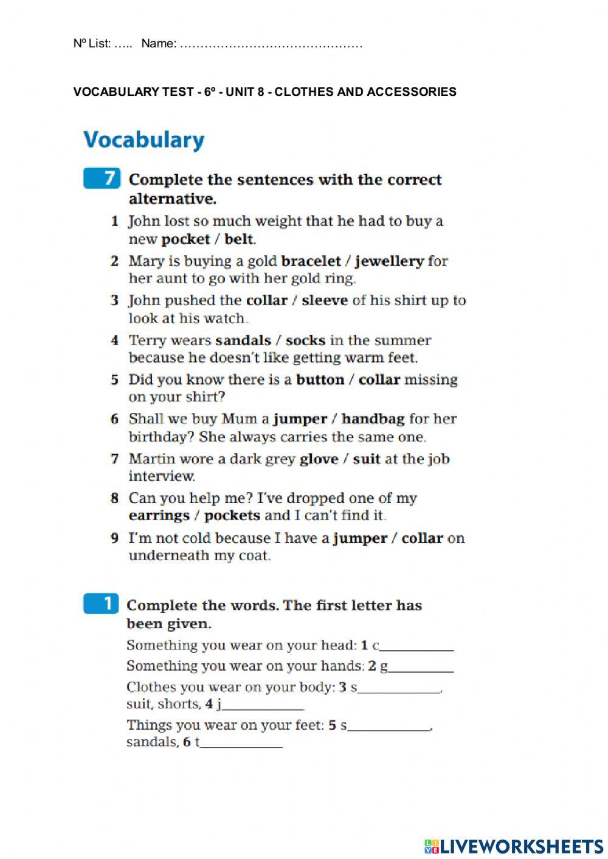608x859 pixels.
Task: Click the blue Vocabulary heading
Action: pos(144,140)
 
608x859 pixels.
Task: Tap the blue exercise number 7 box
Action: pos(102,179)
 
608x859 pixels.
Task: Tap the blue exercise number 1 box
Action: pos(102,604)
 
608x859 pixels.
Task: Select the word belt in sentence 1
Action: pos(239,239)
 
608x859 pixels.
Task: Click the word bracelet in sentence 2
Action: pos(311,261)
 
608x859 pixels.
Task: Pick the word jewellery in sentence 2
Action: pos(389,261)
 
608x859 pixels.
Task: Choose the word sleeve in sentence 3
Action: pos(325,300)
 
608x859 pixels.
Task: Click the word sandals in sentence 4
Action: pos(243,340)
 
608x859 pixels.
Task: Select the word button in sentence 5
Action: pos(320,380)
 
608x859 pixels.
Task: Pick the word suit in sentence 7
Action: pos(367,459)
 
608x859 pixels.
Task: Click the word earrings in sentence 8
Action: pos(159,516)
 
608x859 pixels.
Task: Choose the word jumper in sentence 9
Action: pos(360,538)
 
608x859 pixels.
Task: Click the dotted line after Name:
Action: pos(271,44)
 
